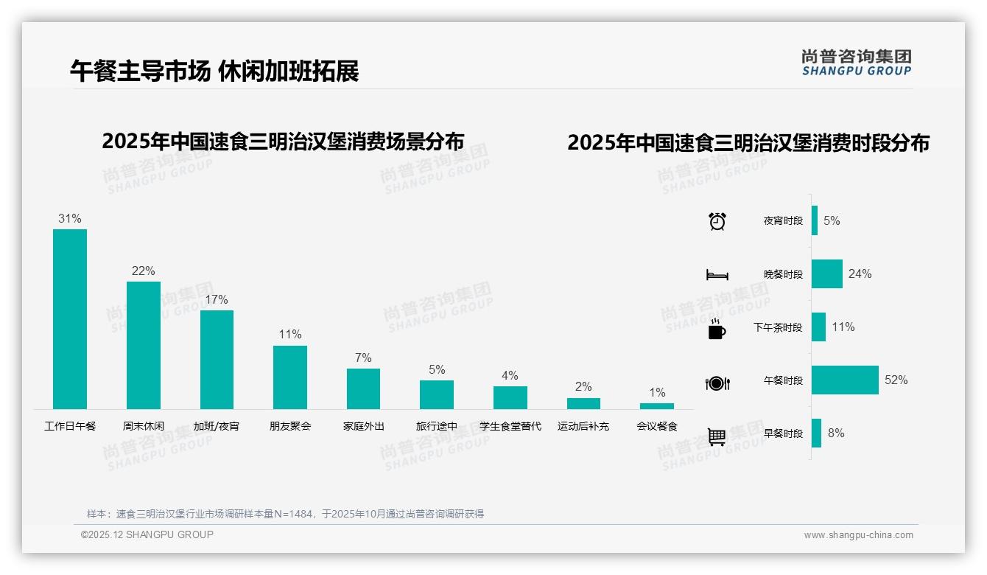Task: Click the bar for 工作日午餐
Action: click(x=70, y=319)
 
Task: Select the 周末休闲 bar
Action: click(x=143, y=345)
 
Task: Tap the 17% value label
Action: click(x=217, y=300)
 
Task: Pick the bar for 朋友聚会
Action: click(x=289, y=377)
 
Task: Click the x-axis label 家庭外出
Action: click(x=363, y=426)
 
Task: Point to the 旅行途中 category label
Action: click(x=437, y=426)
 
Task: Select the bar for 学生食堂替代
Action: click(x=510, y=397)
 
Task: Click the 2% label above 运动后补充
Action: click(x=583, y=387)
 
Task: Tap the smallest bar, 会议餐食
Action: click(x=656, y=406)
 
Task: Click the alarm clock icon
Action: click(x=717, y=221)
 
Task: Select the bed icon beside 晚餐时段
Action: click(x=717, y=275)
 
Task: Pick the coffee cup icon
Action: click(x=717, y=329)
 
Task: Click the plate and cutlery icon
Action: click(x=717, y=383)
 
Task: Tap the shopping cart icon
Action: click(x=717, y=436)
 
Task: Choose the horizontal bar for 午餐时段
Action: click(x=845, y=380)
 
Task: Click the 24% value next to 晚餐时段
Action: click(x=860, y=274)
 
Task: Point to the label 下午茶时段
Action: click(x=778, y=327)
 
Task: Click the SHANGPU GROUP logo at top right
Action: click(x=856, y=63)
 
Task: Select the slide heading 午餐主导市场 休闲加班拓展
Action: click(x=214, y=71)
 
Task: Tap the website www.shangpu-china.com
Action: click(x=858, y=535)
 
